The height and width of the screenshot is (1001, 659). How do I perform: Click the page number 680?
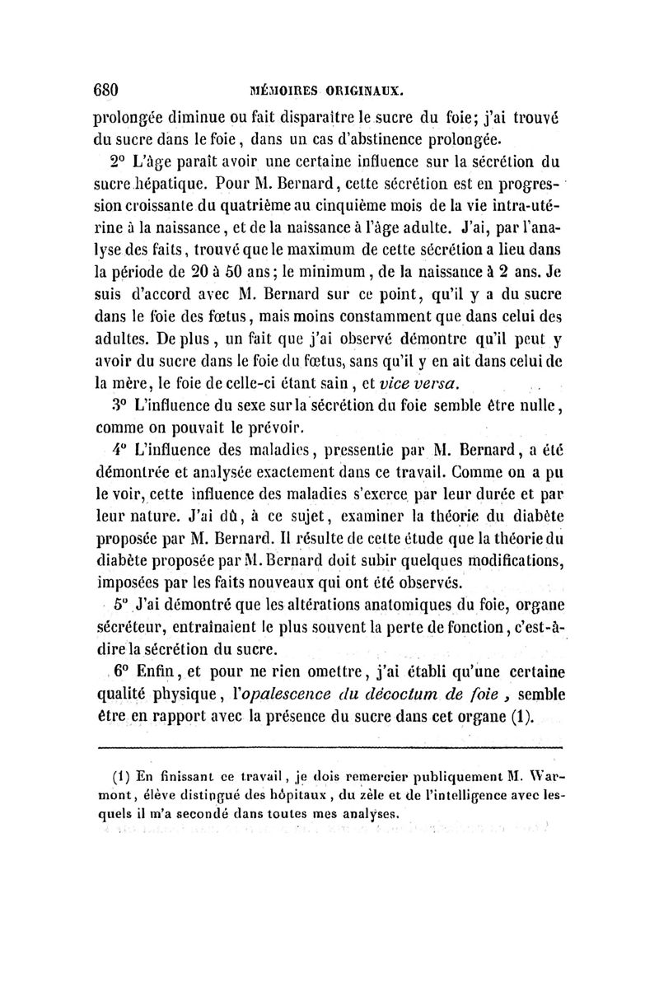(107, 88)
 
